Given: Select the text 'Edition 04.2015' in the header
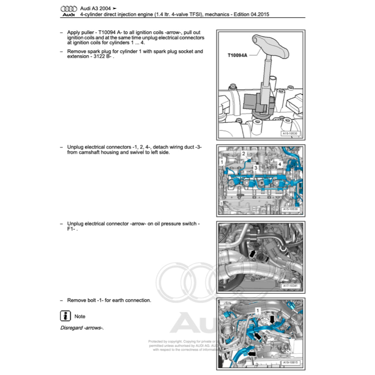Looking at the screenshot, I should (253, 14).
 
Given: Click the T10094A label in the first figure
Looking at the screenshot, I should (237, 55).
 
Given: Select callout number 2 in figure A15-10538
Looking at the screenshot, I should (243, 154).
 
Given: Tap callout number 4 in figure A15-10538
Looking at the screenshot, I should (279, 164).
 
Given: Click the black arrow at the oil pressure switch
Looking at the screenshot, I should (253, 253).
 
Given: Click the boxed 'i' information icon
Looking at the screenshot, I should (65, 316).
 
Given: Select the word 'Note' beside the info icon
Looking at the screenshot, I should (80, 316).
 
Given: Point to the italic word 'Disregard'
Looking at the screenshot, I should (71, 328).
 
